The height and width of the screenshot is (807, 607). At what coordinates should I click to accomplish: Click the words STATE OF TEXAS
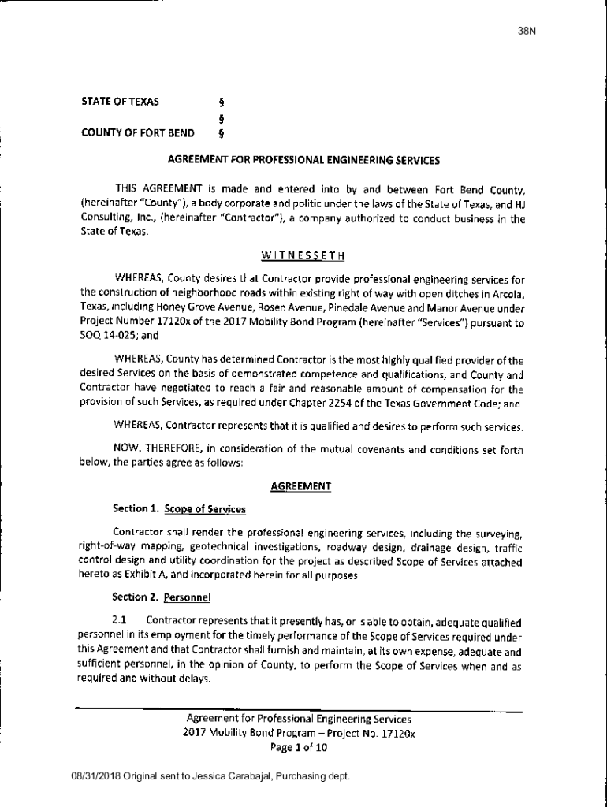[x=120, y=102]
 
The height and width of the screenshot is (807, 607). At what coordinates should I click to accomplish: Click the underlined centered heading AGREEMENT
[x=300, y=487]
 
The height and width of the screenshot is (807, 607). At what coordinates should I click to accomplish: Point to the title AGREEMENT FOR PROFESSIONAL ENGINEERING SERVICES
[x=303, y=160]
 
